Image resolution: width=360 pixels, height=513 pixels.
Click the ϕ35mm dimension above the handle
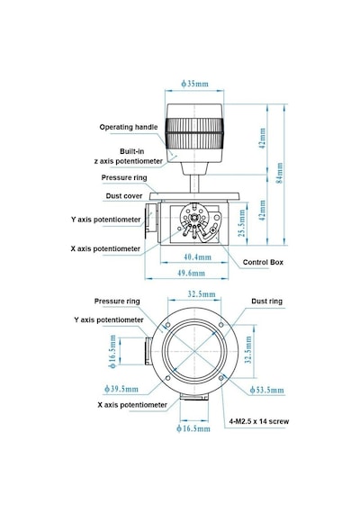point(194,84)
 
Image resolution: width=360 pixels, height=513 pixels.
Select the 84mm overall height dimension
point(280,173)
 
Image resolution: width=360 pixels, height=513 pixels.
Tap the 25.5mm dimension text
point(242,223)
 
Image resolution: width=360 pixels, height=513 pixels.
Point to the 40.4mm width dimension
point(197,257)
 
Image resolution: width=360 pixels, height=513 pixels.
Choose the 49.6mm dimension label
point(191,273)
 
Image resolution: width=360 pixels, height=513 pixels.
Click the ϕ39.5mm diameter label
point(121,389)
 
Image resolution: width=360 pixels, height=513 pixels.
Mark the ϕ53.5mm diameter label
point(266,390)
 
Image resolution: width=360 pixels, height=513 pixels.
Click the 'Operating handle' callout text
point(129,127)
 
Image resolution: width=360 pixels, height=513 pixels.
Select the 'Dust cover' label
point(124,196)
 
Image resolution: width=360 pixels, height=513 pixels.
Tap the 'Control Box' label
point(263,262)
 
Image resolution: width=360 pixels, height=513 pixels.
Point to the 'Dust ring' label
point(266,301)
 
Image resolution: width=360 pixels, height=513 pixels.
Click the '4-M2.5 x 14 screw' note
point(259,421)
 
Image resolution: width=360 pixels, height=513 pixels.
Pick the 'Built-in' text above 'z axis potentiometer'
point(132,151)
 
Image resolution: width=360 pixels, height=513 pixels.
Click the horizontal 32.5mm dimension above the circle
point(202,294)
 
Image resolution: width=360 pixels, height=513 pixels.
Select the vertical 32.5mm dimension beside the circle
point(248,350)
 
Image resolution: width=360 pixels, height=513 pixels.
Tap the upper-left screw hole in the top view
point(168,325)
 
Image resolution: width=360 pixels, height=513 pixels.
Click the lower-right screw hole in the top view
point(221,378)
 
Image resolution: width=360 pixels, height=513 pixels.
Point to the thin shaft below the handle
point(194,184)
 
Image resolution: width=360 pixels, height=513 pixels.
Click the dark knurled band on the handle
point(194,134)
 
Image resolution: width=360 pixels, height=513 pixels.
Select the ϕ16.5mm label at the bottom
point(193,428)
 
